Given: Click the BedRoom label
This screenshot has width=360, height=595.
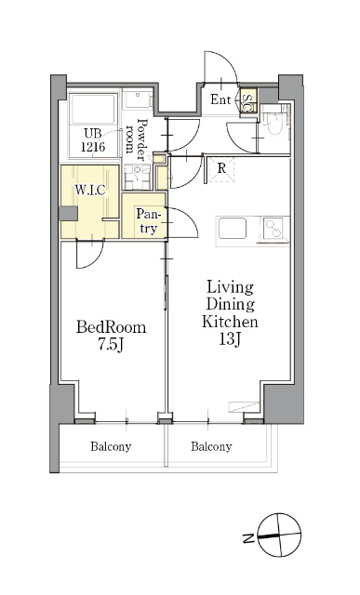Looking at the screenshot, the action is (111, 326).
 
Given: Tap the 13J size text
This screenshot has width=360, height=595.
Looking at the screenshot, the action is (230, 338).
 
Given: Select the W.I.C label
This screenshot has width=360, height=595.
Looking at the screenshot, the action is (89, 190).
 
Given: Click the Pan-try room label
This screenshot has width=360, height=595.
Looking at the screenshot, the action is (147, 221).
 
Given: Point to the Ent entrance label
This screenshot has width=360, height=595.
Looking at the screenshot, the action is (220, 99).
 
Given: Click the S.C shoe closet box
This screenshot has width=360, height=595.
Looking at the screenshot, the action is (248, 100).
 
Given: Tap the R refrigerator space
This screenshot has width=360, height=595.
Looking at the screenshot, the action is (221, 169).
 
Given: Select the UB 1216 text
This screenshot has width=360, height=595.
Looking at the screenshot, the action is (93, 140).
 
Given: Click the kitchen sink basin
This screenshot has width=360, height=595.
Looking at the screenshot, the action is (233, 228).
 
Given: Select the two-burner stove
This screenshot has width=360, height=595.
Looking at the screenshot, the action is (274, 229).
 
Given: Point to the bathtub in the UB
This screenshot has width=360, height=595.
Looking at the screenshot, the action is (93, 110).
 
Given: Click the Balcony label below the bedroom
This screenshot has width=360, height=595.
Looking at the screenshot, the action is (111, 446).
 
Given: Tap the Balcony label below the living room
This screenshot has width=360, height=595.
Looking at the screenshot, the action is (211, 446).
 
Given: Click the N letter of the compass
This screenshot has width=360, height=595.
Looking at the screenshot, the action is (248, 537).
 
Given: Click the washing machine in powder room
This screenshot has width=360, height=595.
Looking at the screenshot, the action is (137, 177).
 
